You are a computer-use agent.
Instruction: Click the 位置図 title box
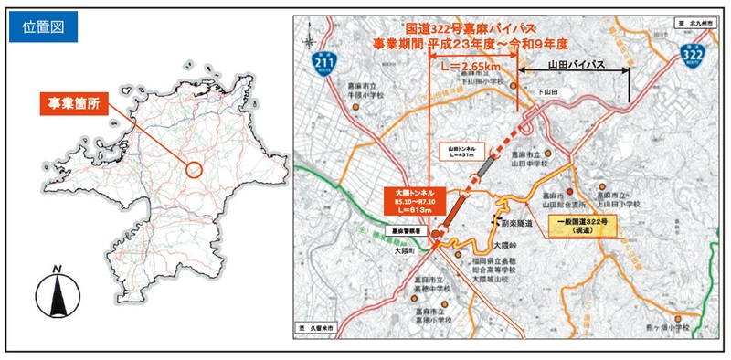[x=45, y=26]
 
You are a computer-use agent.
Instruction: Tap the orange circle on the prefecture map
[x=193, y=169]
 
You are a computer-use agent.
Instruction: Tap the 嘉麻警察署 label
[x=402, y=232]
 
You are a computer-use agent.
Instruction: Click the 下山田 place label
[x=546, y=92]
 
